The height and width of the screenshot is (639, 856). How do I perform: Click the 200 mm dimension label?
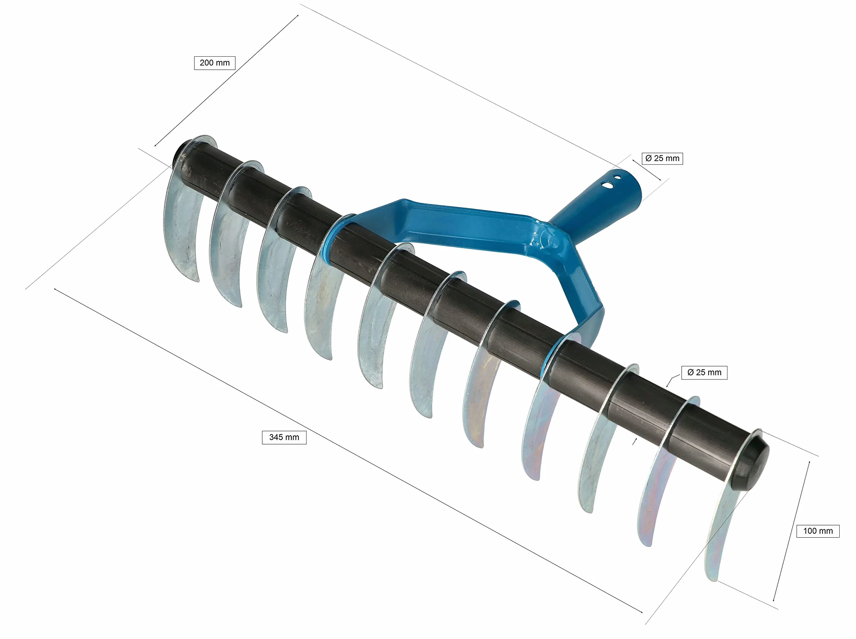215,63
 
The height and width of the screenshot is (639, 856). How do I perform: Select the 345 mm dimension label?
284,437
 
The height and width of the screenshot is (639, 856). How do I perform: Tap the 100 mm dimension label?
818,531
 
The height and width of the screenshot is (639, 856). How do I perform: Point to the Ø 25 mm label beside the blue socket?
662,158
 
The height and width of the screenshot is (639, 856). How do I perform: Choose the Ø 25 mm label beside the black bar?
704,373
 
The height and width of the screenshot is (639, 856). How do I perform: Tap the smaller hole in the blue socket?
618,178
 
